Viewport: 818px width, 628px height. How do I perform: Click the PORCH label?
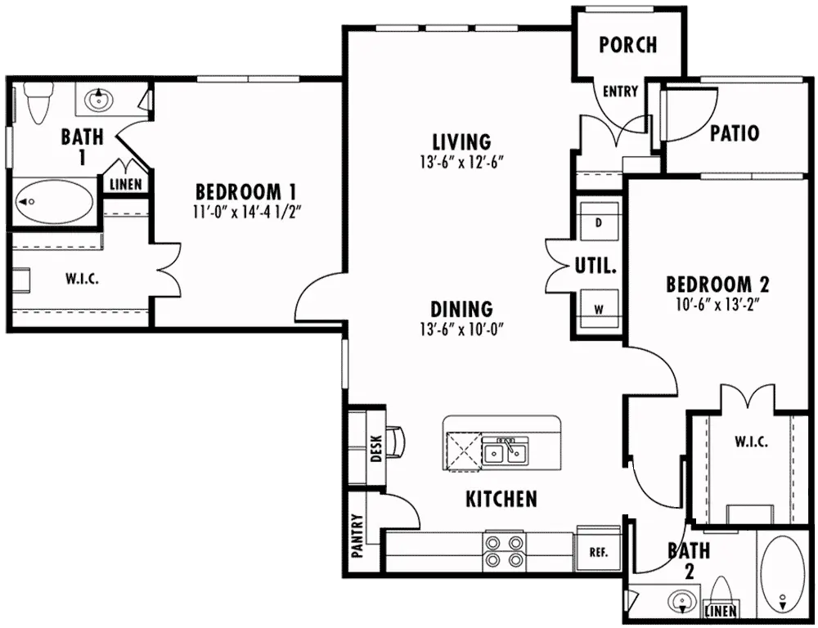[x=627, y=45]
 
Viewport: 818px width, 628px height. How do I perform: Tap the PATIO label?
[x=735, y=133]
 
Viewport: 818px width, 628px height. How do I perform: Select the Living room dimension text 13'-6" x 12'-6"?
[x=461, y=163]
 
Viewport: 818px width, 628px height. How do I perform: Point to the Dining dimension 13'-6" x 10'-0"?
[x=461, y=330]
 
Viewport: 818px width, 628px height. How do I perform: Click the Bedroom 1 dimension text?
[x=248, y=213]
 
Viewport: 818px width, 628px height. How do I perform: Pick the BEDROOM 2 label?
[x=718, y=285]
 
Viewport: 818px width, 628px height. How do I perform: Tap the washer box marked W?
[x=599, y=309]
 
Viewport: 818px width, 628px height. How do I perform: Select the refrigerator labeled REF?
[x=599, y=552]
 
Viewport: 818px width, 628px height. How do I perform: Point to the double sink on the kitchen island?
[x=505, y=451]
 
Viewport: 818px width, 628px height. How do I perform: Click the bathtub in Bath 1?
[x=54, y=201]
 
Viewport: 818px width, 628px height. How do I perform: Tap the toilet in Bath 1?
[x=38, y=101]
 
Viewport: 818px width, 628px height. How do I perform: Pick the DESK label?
[x=375, y=449]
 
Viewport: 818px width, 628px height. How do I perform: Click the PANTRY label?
[x=357, y=536]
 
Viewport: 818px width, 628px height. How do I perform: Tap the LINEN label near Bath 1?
[x=126, y=184]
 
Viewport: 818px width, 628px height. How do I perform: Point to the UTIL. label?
[x=596, y=266]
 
